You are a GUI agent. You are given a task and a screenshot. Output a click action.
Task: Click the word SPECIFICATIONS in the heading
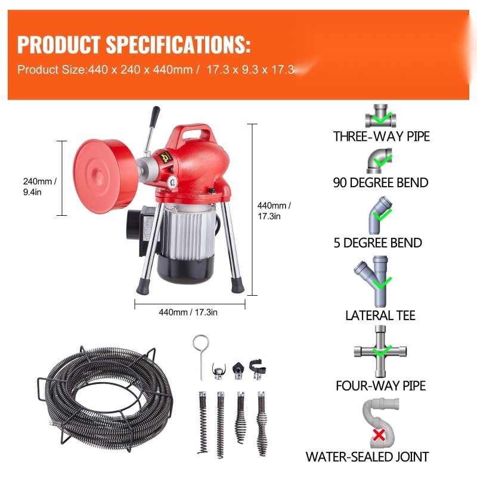178,44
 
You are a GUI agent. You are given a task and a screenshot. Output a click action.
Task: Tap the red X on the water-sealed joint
379,435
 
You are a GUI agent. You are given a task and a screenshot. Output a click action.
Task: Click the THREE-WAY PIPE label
382,137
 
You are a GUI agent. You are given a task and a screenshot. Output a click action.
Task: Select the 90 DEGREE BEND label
380,182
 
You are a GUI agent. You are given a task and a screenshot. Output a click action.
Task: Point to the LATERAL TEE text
380,315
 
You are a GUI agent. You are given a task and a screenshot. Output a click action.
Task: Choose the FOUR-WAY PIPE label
380,386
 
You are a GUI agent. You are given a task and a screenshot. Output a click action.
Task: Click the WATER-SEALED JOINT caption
367,457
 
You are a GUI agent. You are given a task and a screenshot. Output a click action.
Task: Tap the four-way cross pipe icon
380,351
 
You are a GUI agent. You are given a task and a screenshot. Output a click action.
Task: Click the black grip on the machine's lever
154,116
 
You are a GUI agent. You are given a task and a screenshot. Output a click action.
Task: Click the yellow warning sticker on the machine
166,157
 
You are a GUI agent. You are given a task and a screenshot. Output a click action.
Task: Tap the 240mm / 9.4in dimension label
39,187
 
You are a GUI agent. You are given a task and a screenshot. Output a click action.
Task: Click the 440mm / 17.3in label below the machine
188,312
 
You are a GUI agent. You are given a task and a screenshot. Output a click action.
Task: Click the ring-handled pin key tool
200,357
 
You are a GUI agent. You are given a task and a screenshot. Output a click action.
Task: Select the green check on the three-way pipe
382,117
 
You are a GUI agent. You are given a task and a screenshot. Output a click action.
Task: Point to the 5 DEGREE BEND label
378,243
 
